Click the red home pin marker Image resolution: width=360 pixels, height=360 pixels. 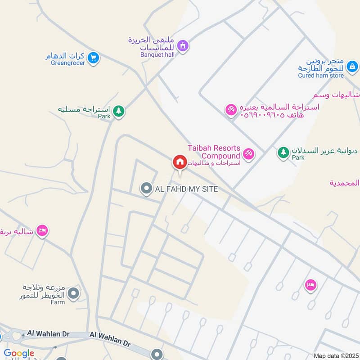180,162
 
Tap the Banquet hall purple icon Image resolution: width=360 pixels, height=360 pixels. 182,45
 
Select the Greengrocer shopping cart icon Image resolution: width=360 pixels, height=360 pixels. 93,58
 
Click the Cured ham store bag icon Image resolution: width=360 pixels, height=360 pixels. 353,67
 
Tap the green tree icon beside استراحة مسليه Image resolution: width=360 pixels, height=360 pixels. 118,110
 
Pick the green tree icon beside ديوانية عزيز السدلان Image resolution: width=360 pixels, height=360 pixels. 283,153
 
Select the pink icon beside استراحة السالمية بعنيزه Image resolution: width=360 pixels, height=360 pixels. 231,109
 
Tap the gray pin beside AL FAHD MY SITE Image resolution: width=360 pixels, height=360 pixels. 146,189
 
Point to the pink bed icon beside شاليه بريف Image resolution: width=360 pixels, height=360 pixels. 42,231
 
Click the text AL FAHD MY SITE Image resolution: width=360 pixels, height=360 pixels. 186,189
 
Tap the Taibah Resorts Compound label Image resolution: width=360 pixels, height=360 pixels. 214,152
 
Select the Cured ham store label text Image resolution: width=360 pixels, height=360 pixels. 320,76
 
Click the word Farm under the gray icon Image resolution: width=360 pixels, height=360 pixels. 58,302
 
